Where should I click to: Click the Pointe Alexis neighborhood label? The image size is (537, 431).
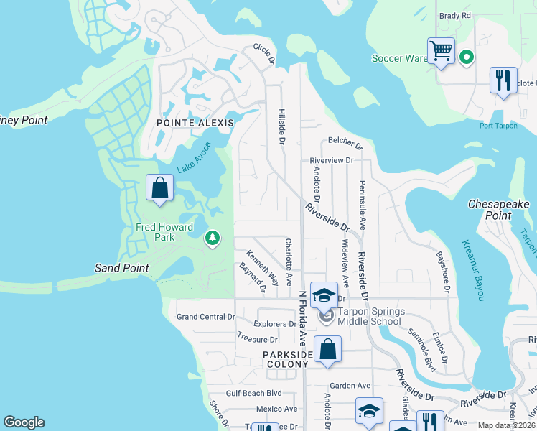click(195, 123)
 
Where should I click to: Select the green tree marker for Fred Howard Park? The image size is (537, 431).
click(212, 238)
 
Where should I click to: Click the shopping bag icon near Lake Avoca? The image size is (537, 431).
click(160, 188)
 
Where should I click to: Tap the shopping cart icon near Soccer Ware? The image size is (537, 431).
click(441, 52)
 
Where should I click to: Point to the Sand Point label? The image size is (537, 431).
click(122, 268)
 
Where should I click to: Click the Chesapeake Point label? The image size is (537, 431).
click(499, 210)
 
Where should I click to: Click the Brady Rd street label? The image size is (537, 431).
click(455, 15)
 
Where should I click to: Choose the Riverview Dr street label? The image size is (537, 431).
click(332, 160)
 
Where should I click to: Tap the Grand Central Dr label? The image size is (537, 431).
click(206, 317)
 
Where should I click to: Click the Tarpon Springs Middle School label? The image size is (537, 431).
click(371, 316)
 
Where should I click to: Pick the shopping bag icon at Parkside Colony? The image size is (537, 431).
click(327, 351)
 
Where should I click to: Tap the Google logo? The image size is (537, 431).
click(24, 422)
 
